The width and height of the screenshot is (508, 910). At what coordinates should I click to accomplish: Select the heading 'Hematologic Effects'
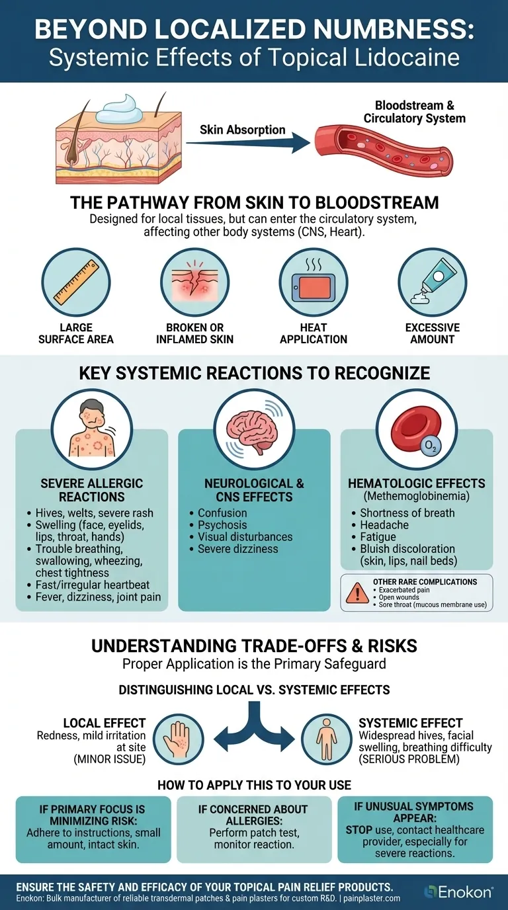417,483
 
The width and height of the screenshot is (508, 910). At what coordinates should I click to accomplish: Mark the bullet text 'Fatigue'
378,536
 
